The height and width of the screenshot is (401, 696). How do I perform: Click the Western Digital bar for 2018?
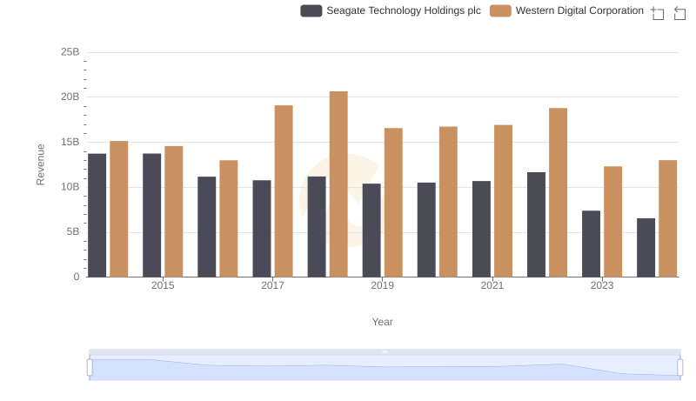pos(338,184)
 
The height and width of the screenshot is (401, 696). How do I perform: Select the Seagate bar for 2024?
pos(646,248)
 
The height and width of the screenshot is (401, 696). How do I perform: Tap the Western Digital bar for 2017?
pos(284,191)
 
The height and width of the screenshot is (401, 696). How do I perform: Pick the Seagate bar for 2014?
pos(97,216)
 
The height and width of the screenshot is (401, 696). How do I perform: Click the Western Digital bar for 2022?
pos(558,192)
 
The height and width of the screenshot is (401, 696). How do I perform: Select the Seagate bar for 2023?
pos(591,244)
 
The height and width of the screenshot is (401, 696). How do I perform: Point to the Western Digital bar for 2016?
pos(229,218)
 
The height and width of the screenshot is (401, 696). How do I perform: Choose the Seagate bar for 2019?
pos(371,231)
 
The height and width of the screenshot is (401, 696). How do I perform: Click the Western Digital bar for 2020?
pos(448,202)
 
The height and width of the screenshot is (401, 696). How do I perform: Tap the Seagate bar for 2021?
pos(481,229)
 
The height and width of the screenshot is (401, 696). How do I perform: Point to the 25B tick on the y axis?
pos(70,52)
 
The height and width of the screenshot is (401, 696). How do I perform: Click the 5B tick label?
pos(72,231)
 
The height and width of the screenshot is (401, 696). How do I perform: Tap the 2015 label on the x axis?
pos(163,285)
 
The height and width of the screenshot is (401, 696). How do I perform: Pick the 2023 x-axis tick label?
pos(602,285)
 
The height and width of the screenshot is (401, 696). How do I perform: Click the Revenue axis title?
pos(40,164)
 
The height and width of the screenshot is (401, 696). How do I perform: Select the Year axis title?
pos(383,322)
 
